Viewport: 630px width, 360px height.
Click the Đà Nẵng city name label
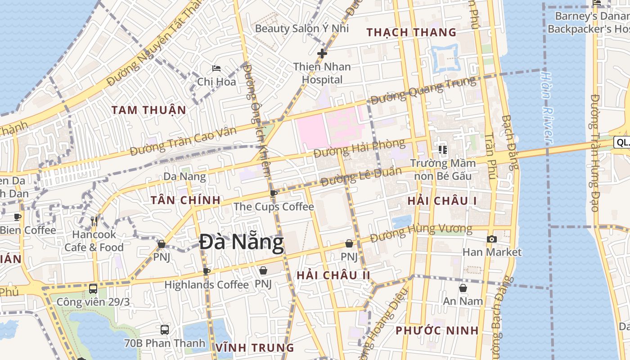pos(242,243)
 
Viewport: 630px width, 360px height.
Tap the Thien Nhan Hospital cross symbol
pos(322,54)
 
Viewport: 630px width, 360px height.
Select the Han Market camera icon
pos(492,239)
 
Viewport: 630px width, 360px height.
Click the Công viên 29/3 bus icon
pos(93,288)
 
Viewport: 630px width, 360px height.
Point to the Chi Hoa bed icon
pos(216,68)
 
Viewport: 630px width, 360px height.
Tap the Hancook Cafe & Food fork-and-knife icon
pos(94,221)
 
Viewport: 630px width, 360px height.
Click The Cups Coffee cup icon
pos(273,193)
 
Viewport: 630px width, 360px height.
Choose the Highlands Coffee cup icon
pos(207,271)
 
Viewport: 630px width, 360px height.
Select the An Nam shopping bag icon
pos(463,288)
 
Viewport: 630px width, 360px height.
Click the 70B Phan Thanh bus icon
pos(165,329)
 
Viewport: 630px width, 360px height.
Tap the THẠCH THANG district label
pos(411,32)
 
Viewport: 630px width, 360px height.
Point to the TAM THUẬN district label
pos(148,110)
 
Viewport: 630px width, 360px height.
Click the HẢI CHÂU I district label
pos(442,201)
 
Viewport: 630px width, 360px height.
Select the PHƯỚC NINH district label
pos(437,331)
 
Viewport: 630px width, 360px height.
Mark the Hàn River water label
pos(546,108)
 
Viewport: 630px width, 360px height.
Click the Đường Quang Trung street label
pos(423,90)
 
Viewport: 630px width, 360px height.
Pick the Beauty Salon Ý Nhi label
pos(302,28)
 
